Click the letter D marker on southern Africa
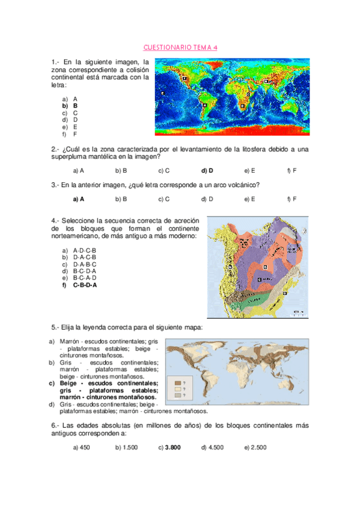point(242,105)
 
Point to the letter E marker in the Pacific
point(163,94)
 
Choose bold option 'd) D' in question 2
point(207,171)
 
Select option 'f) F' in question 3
point(292,198)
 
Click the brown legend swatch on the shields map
point(178,382)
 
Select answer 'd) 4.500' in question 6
point(212,447)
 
